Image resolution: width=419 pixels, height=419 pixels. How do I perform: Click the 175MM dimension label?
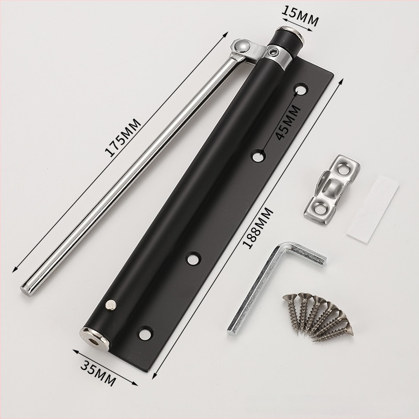pos(123,138)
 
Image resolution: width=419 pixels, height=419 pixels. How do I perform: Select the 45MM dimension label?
pos(288,123)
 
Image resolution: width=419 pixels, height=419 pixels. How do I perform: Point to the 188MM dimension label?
pos(258,228)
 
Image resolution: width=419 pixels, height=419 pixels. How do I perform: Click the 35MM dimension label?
pos(98,373)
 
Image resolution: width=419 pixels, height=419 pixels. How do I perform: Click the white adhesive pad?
pos(373,208)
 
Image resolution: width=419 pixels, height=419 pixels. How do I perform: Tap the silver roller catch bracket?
pos(332,190)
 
